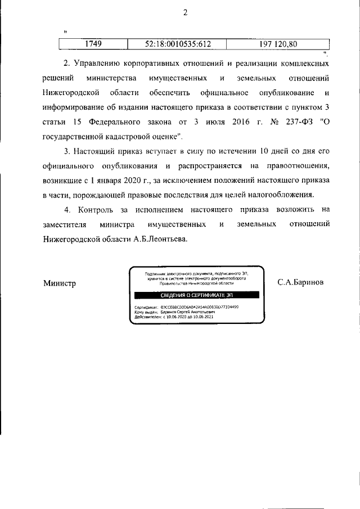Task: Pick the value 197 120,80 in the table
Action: point(278,43)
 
